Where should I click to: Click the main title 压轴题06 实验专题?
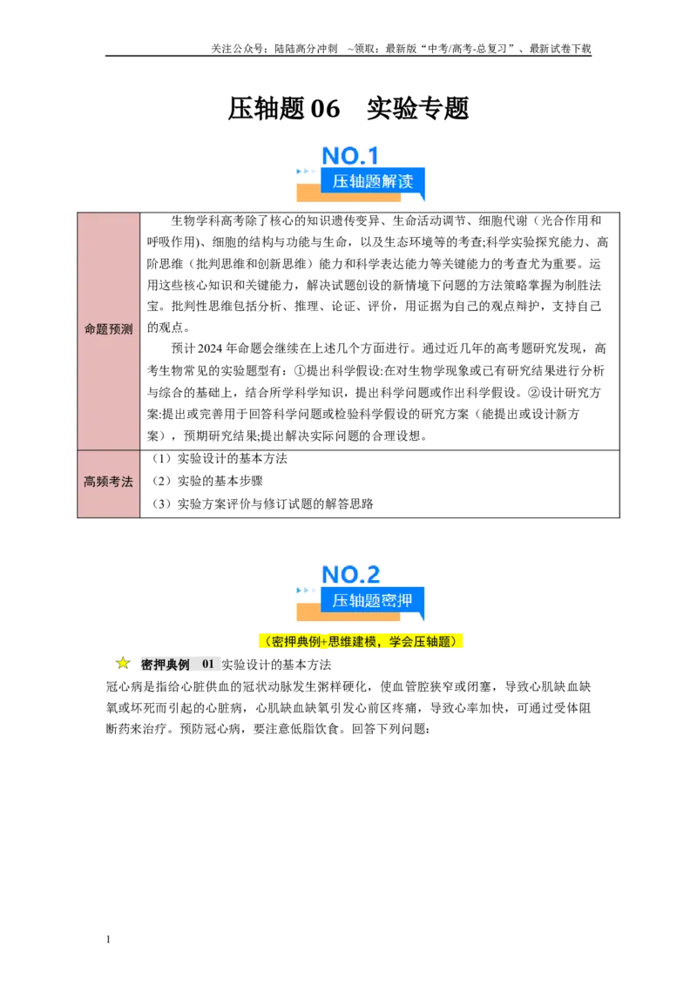point(348,108)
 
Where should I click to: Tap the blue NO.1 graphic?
point(349,155)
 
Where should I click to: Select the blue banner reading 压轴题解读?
point(372,182)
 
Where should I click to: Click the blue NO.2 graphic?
point(350,574)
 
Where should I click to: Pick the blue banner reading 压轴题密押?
point(372,600)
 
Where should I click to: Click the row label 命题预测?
point(108,329)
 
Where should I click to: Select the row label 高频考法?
point(108,482)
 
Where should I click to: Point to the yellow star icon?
point(123,663)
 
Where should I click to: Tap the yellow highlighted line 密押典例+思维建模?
point(361,641)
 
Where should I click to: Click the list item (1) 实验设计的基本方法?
point(219,458)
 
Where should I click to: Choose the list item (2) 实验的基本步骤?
point(207,481)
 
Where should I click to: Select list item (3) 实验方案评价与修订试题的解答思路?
point(262,503)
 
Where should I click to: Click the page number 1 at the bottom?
point(108,940)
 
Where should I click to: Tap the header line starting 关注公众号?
point(401,49)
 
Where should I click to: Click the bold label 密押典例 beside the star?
point(165,665)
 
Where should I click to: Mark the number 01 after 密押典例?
point(208,664)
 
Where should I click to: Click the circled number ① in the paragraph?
point(300,370)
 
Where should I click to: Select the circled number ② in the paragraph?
point(533,392)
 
